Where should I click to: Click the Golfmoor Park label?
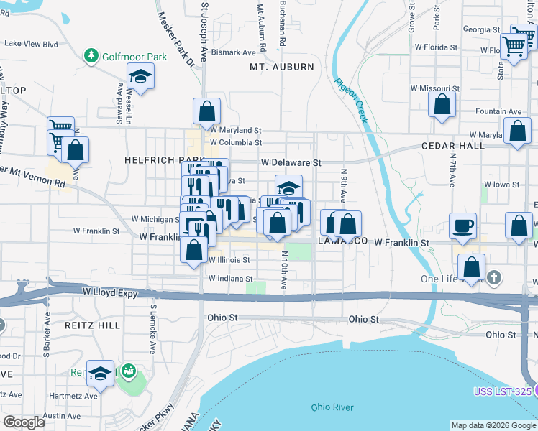coord(134,56)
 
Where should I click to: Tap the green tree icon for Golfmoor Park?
coord(91,55)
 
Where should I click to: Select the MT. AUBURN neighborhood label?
coord(282,67)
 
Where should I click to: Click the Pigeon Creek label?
coord(350,101)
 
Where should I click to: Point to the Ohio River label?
coord(332,407)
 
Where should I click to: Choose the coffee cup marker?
coord(462,226)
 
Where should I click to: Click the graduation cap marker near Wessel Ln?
coord(141,77)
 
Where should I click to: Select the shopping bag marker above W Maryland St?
coord(206,111)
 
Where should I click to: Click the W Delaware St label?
coord(291,163)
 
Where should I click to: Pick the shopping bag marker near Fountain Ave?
coord(442,104)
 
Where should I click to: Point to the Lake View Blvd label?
coord(31,44)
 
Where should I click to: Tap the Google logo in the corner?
coord(24,422)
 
